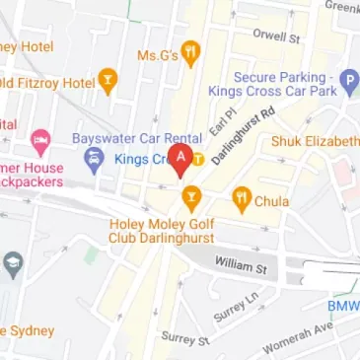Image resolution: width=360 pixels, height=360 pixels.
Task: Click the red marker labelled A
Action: click(180, 160)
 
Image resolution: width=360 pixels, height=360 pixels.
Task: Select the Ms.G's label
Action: click(157, 55)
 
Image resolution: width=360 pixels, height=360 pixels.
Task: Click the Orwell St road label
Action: click(275, 37)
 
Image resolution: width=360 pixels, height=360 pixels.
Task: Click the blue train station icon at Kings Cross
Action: click(95, 160)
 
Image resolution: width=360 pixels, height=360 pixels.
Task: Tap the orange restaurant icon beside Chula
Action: click(242, 200)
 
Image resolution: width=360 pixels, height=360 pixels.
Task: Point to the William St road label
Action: click(242, 267)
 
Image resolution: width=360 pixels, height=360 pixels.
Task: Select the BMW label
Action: click(343, 306)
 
